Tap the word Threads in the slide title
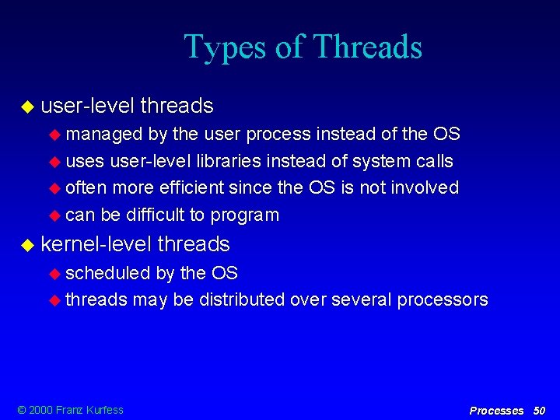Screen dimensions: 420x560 coord(367,47)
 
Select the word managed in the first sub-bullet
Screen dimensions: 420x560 coord(104,135)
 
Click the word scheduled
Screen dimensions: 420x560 coord(108,273)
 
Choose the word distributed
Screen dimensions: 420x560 coord(242,299)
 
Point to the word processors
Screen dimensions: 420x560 coord(443,300)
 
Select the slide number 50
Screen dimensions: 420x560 coord(539,410)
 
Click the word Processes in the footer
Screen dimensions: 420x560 coord(496,410)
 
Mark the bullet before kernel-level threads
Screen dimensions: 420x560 coord(28,245)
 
